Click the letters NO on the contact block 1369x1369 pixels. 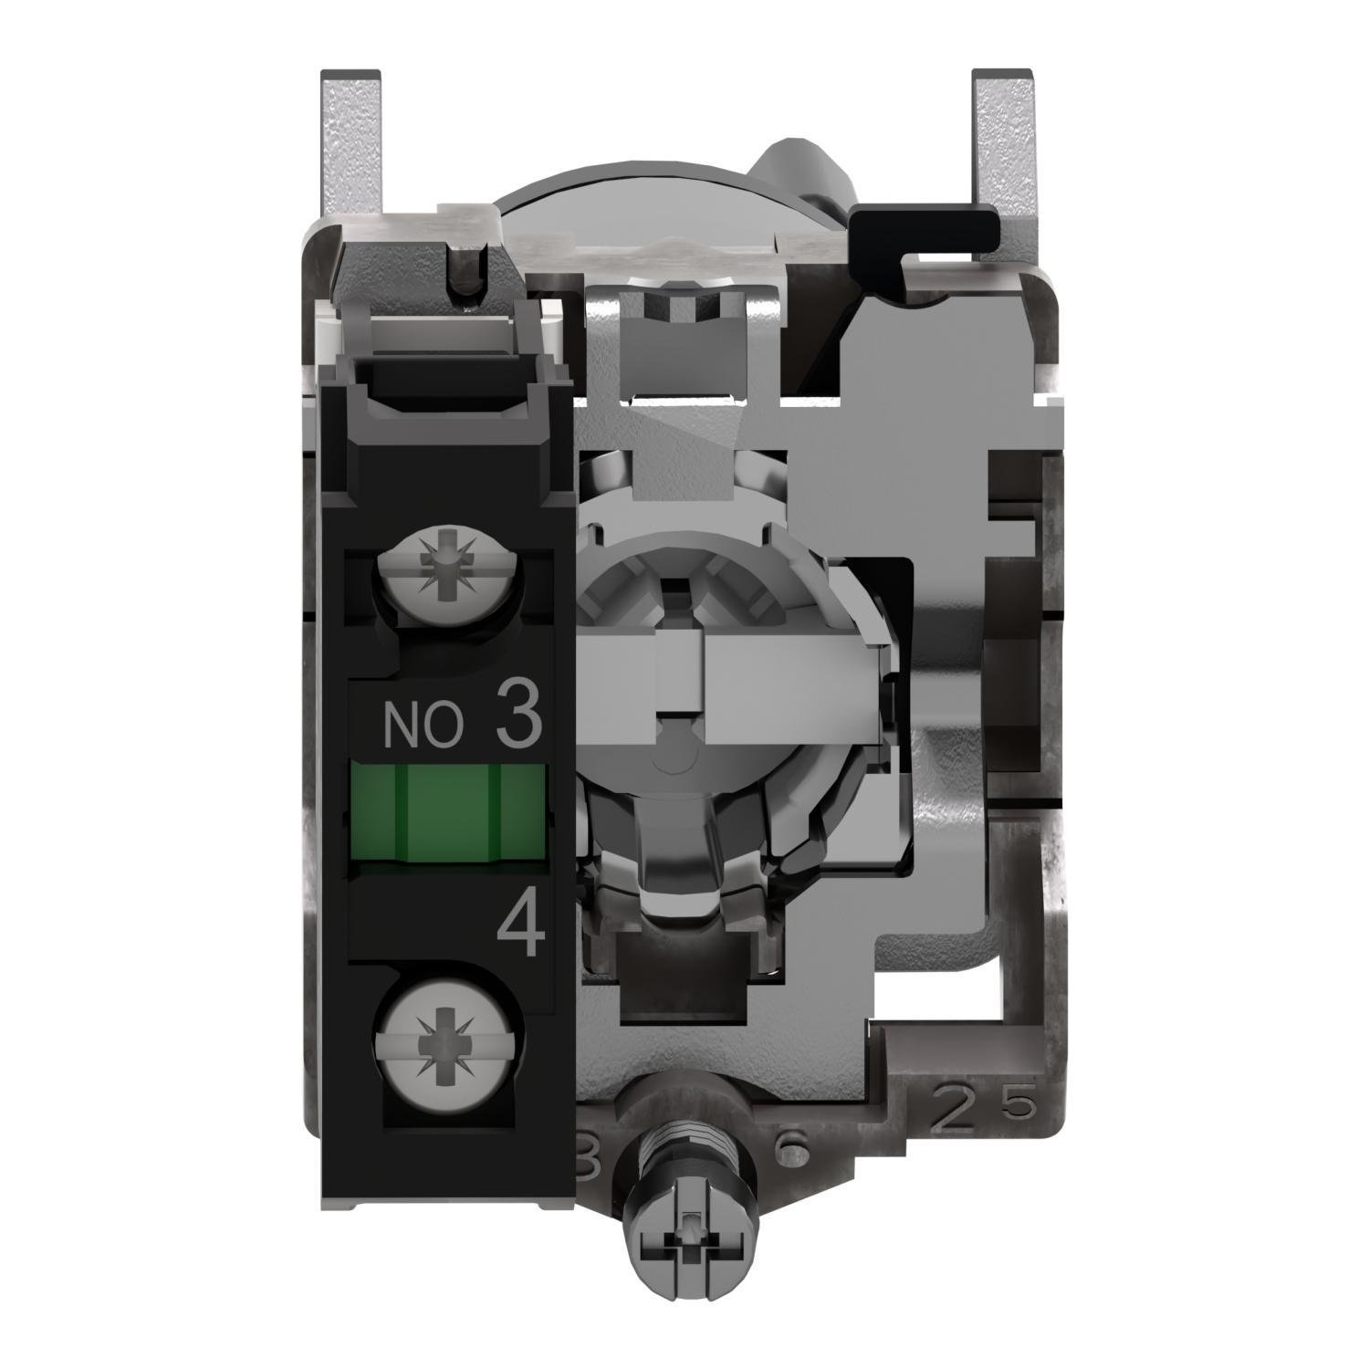click(422, 726)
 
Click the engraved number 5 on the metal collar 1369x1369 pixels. click(1020, 1104)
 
